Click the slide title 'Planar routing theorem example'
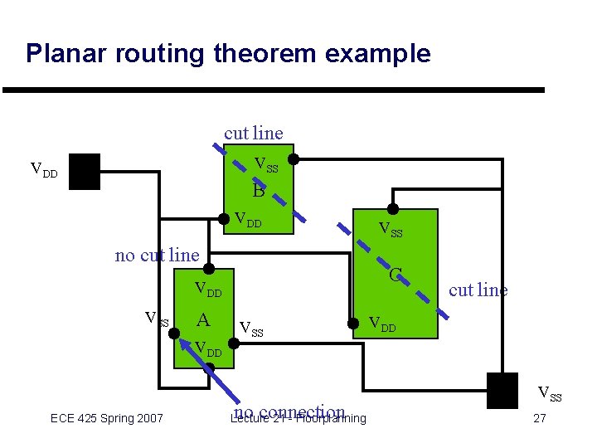pyautogui.click(x=228, y=53)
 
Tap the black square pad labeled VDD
pyautogui.click(x=85, y=171)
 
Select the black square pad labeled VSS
pyautogui.click(x=502, y=391)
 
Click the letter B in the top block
pyautogui.click(x=258, y=192)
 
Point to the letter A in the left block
pyautogui.click(x=202, y=320)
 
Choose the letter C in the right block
pyautogui.click(x=396, y=274)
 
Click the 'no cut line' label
pyautogui.click(x=157, y=255)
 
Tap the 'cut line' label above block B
pyautogui.click(x=253, y=133)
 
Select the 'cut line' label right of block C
pyautogui.click(x=478, y=290)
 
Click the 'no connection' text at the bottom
pyautogui.click(x=288, y=412)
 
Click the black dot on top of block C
pyautogui.click(x=393, y=208)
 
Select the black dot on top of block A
pyautogui.click(x=209, y=268)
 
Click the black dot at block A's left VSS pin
pyautogui.click(x=175, y=334)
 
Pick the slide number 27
pyautogui.click(x=539, y=418)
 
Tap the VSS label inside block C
pyautogui.click(x=390, y=229)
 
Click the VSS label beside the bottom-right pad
pyautogui.click(x=550, y=393)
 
